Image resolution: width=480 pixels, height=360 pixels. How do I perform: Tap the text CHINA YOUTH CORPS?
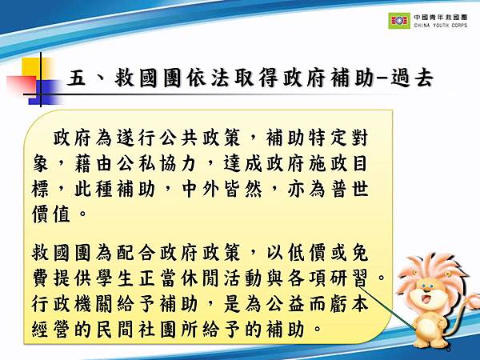[x=442, y=26]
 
